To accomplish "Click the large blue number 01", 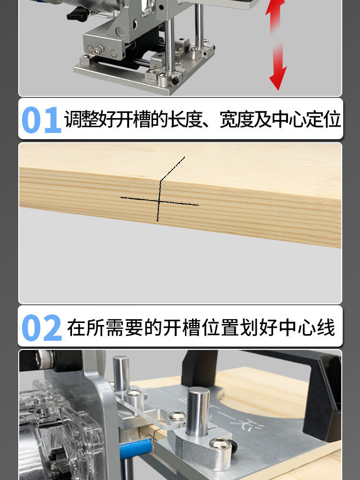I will (x=41, y=120).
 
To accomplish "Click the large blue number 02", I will (x=42, y=328).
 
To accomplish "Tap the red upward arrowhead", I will (x=276, y=8).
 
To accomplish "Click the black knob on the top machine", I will (x=77, y=15).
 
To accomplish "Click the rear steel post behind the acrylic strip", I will (x=121, y=374).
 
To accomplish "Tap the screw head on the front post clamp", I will (x=220, y=446).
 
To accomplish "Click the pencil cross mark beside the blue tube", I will (x=154, y=438).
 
